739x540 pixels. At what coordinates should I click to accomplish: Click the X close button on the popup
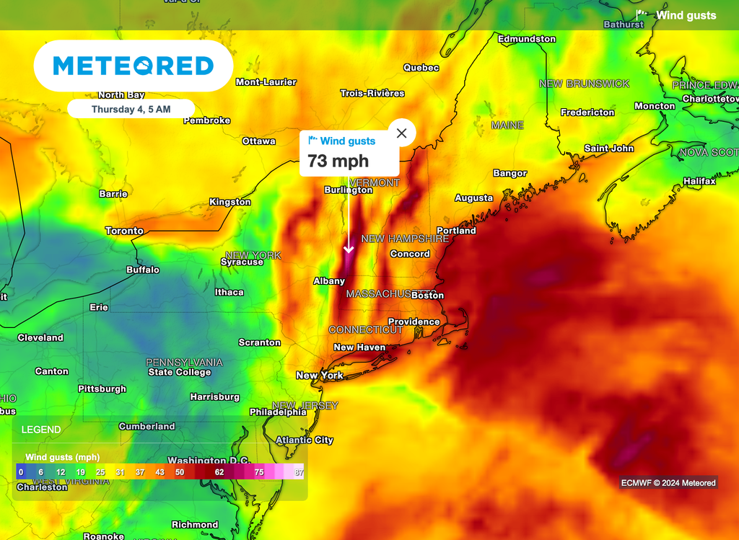(x=402, y=133)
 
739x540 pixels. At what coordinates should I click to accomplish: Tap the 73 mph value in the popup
(x=338, y=161)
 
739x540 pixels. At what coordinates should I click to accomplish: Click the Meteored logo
(x=134, y=66)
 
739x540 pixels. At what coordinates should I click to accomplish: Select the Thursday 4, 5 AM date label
(x=131, y=110)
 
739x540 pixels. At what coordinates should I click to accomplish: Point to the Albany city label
(x=329, y=280)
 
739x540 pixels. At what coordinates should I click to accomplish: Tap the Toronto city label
(x=124, y=231)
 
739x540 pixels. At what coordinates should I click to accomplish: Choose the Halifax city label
(x=699, y=181)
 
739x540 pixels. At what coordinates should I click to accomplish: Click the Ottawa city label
(x=258, y=141)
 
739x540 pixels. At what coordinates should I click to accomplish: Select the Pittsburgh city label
(x=102, y=389)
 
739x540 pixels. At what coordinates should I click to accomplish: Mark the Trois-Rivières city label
(x=372, y=93)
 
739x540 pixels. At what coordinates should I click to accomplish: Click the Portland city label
(x=456, y=231)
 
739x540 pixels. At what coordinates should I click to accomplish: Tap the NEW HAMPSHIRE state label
(x=405, y=239)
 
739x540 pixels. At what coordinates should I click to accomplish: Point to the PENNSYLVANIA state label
(x=184, y=362)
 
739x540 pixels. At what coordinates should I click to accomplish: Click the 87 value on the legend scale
(x=298, y=472)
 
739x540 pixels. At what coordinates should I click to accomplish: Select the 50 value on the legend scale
(x=180, y=472)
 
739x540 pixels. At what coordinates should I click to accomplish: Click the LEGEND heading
(x=41, y=430)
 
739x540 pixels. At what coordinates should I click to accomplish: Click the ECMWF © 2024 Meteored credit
(x=668, y=482)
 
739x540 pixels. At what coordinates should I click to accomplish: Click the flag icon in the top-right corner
(x=641, y=14)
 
